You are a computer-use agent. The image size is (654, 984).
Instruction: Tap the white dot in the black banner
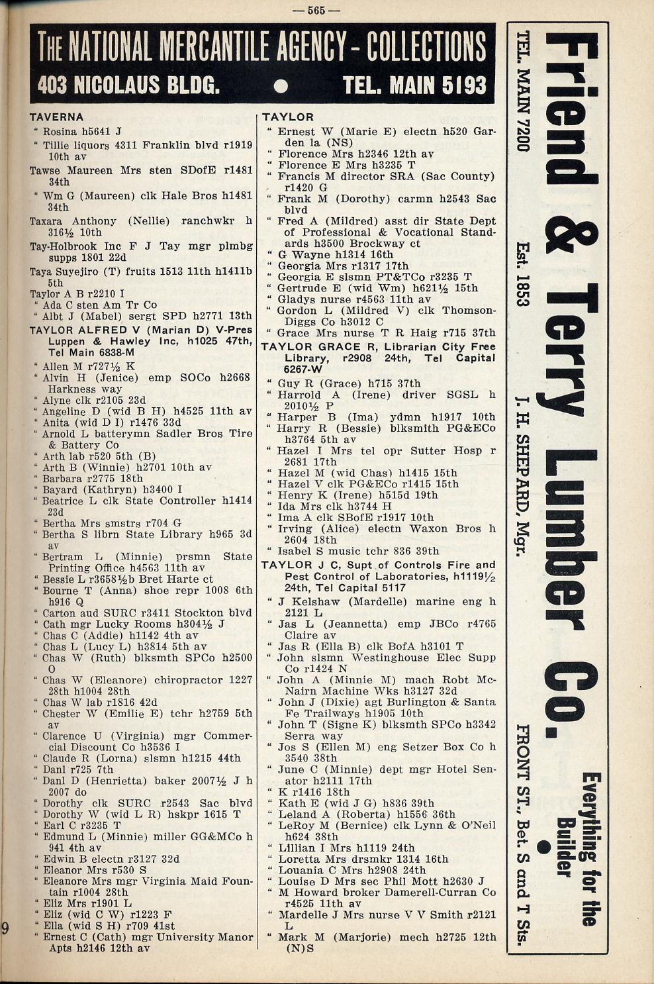(281, 86)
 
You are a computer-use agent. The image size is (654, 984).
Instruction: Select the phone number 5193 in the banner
(463, 85)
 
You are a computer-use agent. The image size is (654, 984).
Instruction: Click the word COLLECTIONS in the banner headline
(426, 47)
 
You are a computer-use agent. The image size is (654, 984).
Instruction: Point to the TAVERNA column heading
(56, 117)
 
